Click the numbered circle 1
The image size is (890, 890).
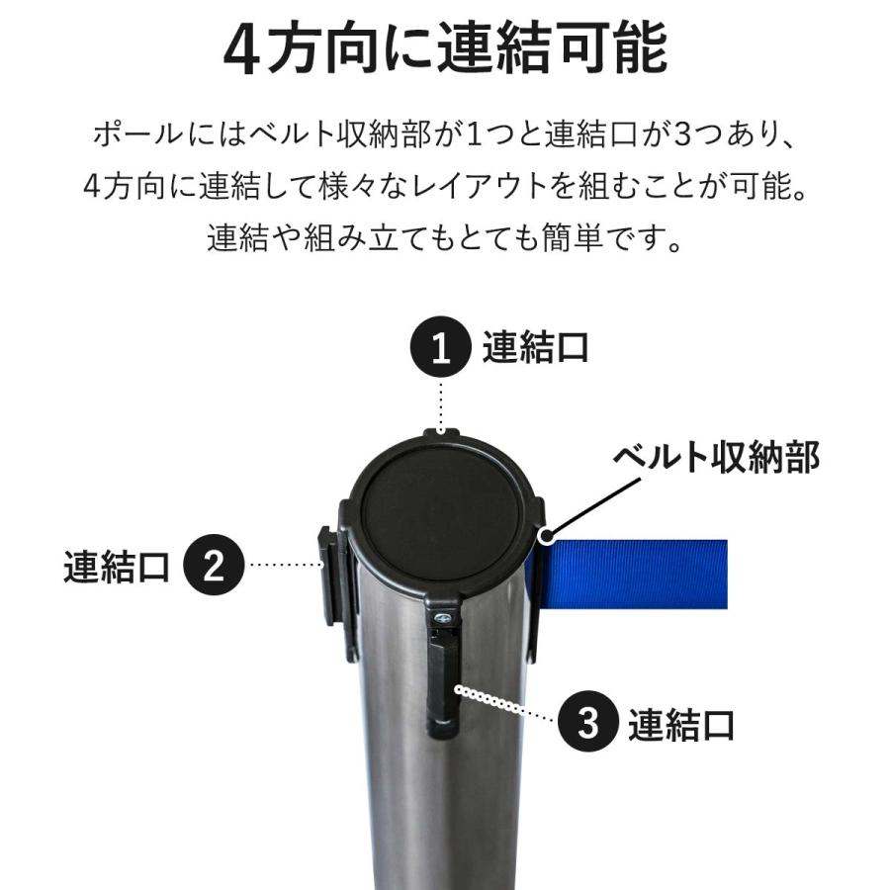click(x=440, y=349)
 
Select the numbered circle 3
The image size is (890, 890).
click(x=588, y=723)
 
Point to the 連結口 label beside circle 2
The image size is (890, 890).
click(x=117, y=566)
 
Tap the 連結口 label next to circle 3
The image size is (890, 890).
click(x=681, y=724)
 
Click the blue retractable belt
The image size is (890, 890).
click(x=633, y=575)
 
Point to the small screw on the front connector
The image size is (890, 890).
click(x=444, y=619)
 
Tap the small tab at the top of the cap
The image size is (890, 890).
click(x=441, y=432)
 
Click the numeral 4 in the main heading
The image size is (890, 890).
click(x=241, y=51)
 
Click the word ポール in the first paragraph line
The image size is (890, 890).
click(x=137, y=133)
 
